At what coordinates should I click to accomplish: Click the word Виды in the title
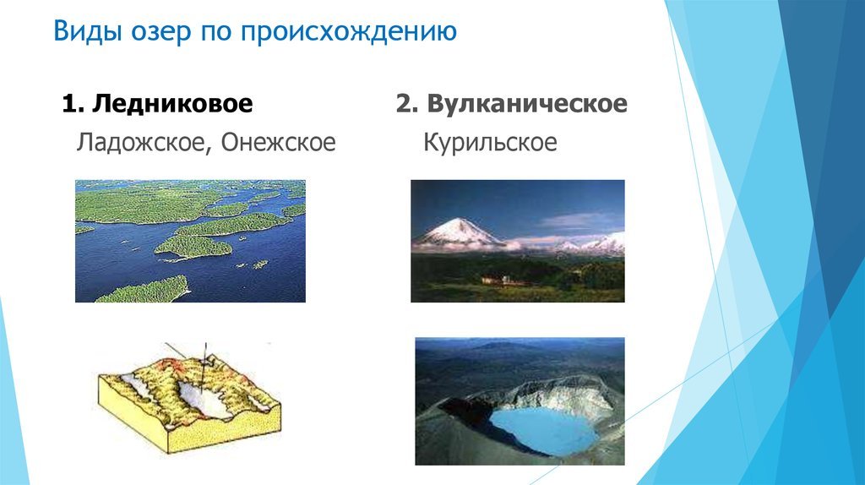pyautogui.click(x=88, y=31)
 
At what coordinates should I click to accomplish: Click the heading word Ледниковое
pyautogui.click(x=172, y=104)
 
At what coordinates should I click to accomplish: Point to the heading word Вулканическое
pyautogui.click(x=527, y=104)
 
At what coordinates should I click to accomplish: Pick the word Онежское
pyautogui.click(x=279, y=142)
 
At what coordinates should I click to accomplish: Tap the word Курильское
pyautogui.click(x=491, y=143)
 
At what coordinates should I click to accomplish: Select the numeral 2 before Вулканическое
pyautogui.click(x=403, y=104)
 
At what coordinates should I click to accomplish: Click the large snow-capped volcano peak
pyautogui.click(x=459, y=231)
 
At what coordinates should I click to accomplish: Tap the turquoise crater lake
pyautogui.click(x=543, y=430)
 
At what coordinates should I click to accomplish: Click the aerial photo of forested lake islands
pyautogui.click(x=190, y=241)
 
